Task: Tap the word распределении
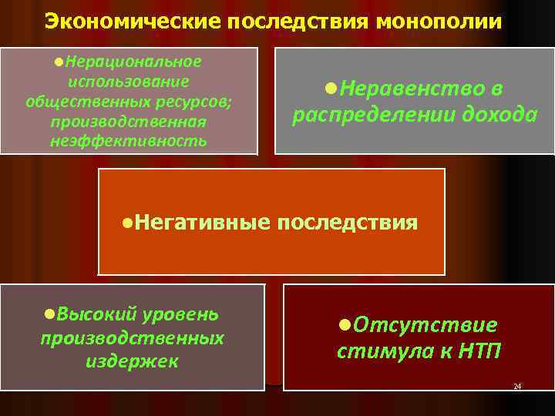click(371, 115)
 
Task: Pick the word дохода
click(495, 115)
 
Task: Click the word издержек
click(132, 360)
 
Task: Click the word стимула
click(378, 351)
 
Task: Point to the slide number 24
click(516, 385)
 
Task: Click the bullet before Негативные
click(128, 223)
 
